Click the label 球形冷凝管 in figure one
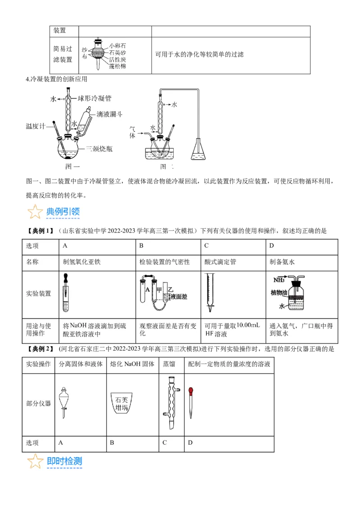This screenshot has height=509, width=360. [x=94, y=98]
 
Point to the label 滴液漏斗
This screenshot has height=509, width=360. [x=109, y=115]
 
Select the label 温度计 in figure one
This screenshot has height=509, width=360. [x=36, y=126]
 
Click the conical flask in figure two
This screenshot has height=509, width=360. [x=199, y=150]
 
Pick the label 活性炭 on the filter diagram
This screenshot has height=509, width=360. [x=117, y=59]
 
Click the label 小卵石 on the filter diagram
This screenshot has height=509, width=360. [x=117, y=46]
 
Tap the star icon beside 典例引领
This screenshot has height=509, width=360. [x=35, y=211]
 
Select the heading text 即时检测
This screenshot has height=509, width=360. [x=64, y=461]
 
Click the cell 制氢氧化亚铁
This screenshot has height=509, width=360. [x=81, y=262]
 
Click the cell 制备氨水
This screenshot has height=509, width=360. [x=282, y=262]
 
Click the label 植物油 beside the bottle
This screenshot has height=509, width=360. [x=279, y=293]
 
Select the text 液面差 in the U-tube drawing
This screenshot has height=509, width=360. [x=179, y=297]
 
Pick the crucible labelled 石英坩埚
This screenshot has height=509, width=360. [x=122, y=404]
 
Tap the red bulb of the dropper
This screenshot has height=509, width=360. [x=191, y=391]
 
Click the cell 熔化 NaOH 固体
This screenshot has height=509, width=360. [x=133, y=364]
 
